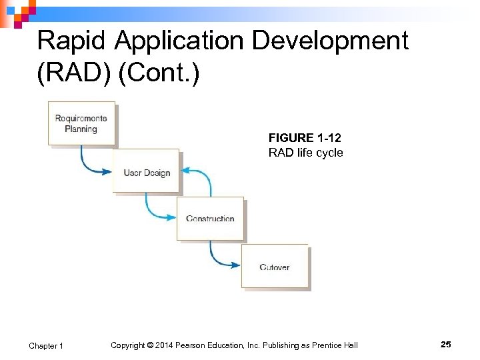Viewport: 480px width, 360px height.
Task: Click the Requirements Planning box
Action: tap(81, 123)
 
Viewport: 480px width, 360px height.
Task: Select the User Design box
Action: tap(146, 171)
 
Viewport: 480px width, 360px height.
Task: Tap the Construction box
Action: tap(210, 218)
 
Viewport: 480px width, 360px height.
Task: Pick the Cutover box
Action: tap(275, 267)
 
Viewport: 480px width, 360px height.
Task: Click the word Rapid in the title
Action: tap(72, 41)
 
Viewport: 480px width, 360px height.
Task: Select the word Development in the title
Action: tap(330, 41)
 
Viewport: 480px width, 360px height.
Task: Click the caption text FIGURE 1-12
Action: tap(305, 138)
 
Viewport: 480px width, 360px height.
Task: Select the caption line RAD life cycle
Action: tap(305, 153)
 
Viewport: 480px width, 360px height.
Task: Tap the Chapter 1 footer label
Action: tap(46, 345)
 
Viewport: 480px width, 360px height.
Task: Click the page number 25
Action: tap(446, 345)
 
